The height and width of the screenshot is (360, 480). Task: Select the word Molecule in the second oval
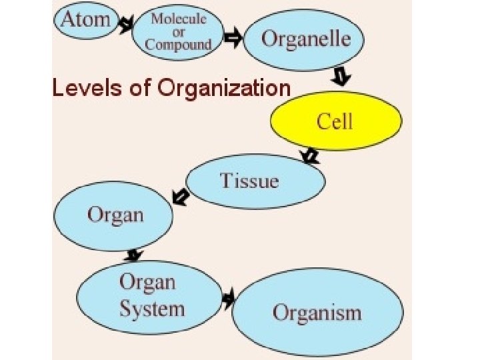click(x=178, y=18)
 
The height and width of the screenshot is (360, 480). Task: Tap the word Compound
click(x=178, y=45)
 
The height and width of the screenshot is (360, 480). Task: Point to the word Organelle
click(x=305, y=38)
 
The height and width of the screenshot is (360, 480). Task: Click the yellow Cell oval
click(x=335, y=122)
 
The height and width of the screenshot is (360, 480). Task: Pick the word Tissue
click(x=249, y=180)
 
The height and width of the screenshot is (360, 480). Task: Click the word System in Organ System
click(x=151, y=309)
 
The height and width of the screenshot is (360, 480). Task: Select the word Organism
click(x=317, y=313)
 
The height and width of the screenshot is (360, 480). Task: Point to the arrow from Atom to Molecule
click(x=125, y=26)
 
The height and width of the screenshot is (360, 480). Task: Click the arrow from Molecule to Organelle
click(x=233, y=38)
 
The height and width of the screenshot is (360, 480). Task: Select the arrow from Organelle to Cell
click(x=341, y=77)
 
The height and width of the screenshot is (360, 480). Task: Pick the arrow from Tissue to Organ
click(x=179, y=197)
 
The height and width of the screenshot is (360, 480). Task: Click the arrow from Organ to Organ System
click(x=134, y=255)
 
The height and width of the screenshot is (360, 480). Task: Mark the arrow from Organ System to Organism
click(x=229, y=299)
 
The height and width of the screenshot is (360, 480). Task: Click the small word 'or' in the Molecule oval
click(x=178, y=32)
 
